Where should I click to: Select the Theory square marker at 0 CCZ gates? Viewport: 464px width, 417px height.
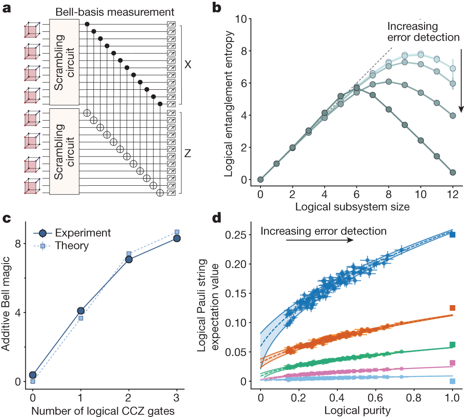(33, 381)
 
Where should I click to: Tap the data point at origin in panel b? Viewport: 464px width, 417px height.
(261, 180)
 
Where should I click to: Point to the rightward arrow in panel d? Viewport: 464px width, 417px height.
(319, 240)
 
